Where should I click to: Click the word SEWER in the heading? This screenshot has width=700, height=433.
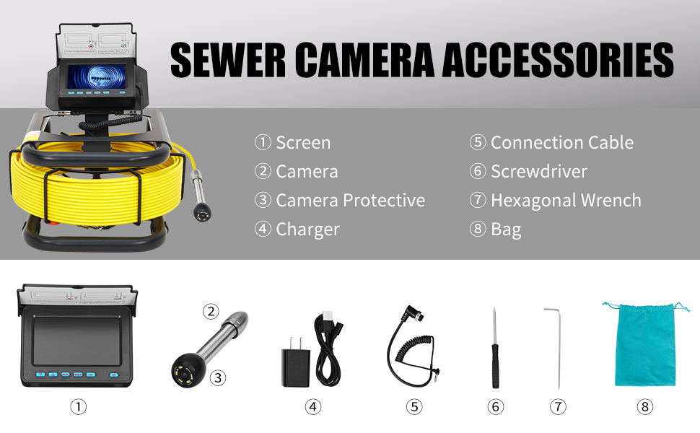point(227,60)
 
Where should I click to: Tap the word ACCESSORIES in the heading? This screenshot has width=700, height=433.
point(558,60)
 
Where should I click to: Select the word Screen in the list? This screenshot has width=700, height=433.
point(303,143)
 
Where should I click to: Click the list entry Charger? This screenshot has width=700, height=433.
point(297,229)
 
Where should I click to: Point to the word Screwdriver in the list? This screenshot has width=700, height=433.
point(539,172)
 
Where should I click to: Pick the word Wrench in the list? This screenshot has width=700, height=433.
point(611,201)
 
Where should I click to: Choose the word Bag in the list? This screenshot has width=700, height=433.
point(506,229)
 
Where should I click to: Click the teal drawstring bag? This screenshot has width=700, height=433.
point(645,344)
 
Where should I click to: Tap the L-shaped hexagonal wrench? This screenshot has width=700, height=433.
point(556,348)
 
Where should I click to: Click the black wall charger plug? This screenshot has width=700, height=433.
point(295,362)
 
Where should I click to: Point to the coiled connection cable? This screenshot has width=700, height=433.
point(413,346)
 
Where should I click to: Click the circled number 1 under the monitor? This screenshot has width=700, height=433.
point(78,407)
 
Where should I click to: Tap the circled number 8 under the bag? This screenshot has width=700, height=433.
point(644,407)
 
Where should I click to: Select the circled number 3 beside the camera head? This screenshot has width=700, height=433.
point(218,378)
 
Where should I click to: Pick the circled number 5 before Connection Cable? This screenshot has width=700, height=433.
point(478,142)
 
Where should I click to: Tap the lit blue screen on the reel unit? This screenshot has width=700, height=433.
point(97,76)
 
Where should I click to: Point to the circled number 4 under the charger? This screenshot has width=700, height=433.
point(313,407)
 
